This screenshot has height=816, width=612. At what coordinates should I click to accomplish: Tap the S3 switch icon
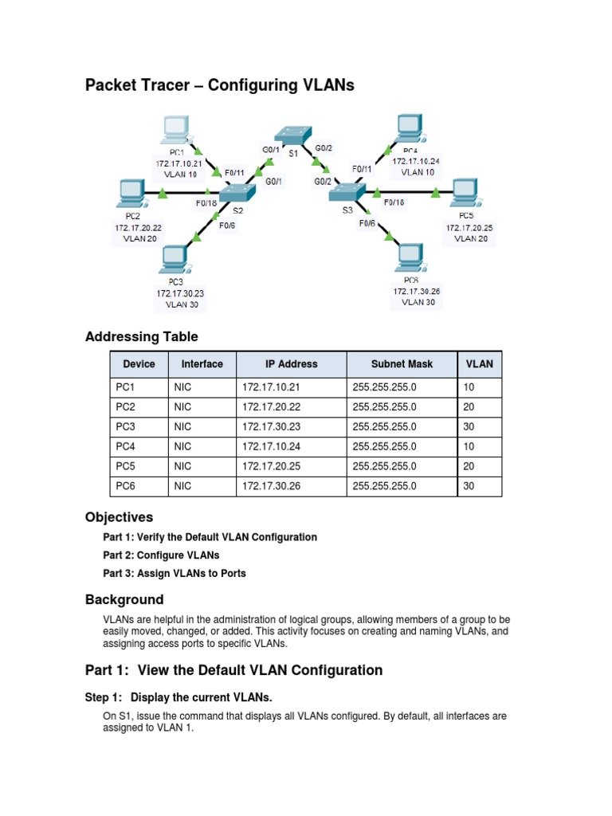point(347,192)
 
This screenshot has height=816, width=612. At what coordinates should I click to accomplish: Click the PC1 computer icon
point(174,130)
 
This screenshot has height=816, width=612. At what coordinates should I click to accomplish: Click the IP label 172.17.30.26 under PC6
point(416,292)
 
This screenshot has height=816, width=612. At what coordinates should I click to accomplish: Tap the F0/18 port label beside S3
point(394,202)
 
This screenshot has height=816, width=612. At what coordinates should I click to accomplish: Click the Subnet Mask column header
point(402,364)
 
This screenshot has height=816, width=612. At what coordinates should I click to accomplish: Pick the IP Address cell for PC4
point(272,446)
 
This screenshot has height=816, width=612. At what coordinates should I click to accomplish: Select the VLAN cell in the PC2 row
point(467,406)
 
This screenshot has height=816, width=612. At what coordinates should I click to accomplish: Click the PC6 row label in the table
point(126,486)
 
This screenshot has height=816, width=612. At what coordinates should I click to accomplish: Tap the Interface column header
point(202,364)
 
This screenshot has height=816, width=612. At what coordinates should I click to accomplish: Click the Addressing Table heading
point(141,336)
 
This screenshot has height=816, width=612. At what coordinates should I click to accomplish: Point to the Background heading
point(124,599)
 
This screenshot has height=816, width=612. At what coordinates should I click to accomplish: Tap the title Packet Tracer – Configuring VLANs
point(219,85)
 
